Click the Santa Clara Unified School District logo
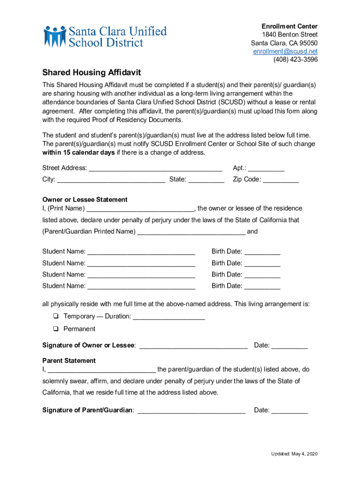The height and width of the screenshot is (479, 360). [105, 36]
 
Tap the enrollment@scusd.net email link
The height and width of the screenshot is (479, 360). [285, 51]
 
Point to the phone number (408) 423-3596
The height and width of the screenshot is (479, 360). [295, 59]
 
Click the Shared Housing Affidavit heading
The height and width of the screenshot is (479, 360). [92, 73]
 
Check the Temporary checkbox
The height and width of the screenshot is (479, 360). [55, 316]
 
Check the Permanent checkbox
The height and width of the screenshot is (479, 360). [55, 329]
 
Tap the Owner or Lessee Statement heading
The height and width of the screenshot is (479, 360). [85, 200]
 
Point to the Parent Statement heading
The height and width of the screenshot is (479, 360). [69, 361]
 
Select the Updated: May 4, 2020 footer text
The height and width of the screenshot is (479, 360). [295, 454]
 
